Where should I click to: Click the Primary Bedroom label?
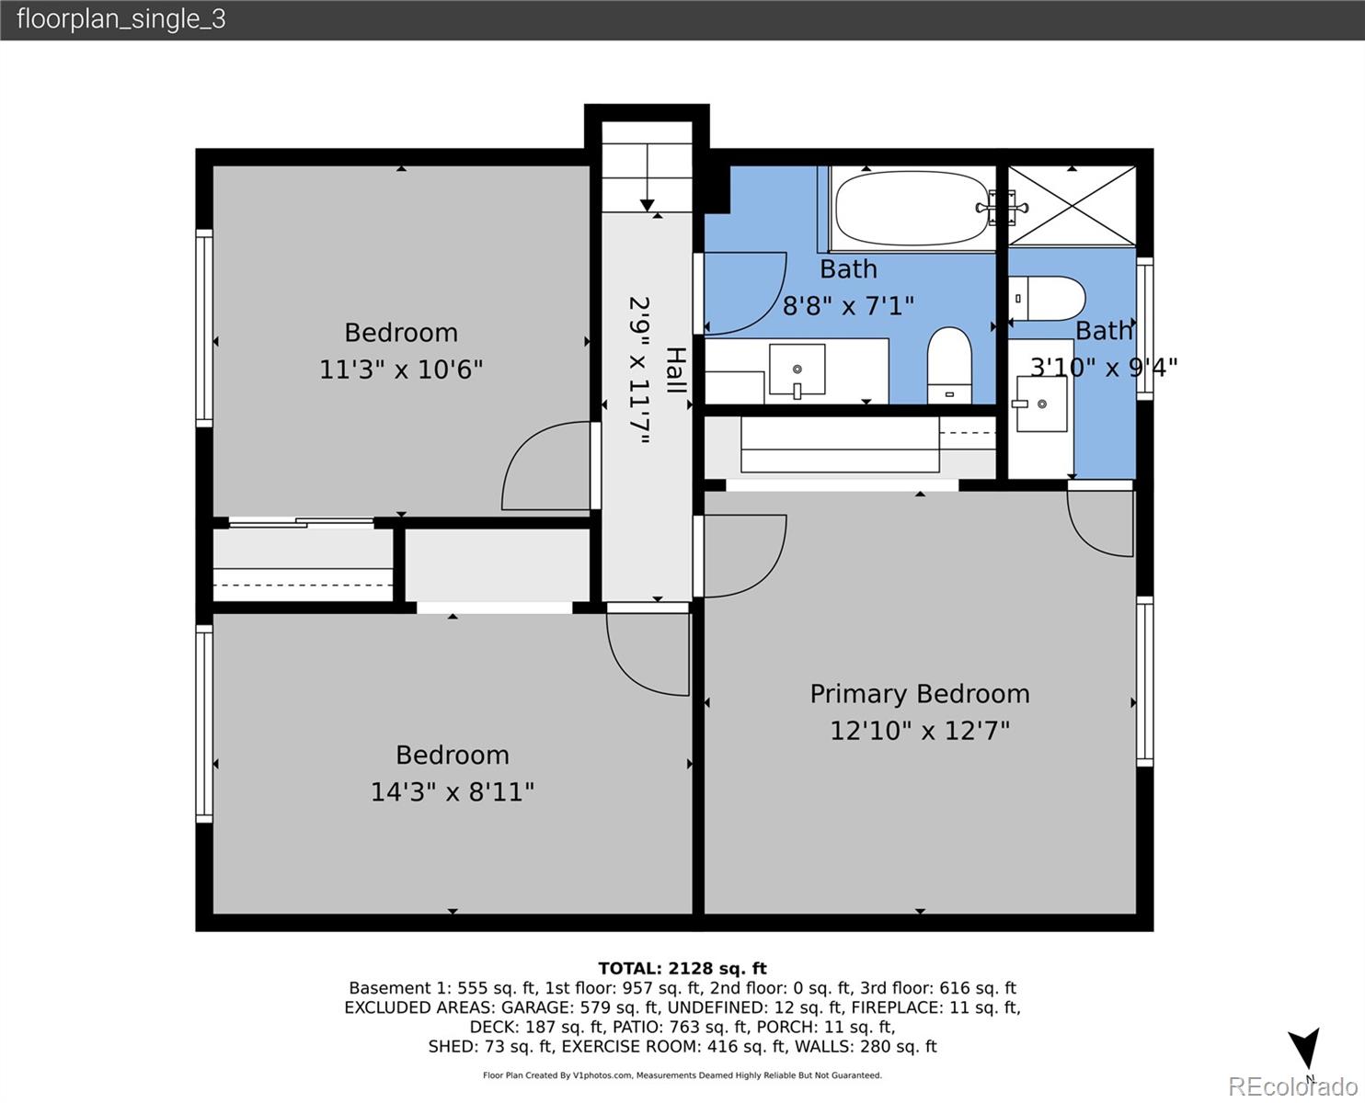tap(919, 694)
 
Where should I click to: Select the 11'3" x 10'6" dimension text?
tap(401, 370)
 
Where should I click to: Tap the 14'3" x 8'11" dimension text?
tap(452, 791)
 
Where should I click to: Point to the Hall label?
tap(675, 370)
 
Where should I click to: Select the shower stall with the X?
tap(1072, 207)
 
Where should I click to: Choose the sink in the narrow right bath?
tap(1042, 404)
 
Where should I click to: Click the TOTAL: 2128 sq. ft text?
tap(682, 968)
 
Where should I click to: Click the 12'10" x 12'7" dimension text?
tap(919, 731)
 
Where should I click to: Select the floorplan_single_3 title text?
tap(120, 19)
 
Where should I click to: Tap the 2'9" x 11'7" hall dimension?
tap(640, 370)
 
